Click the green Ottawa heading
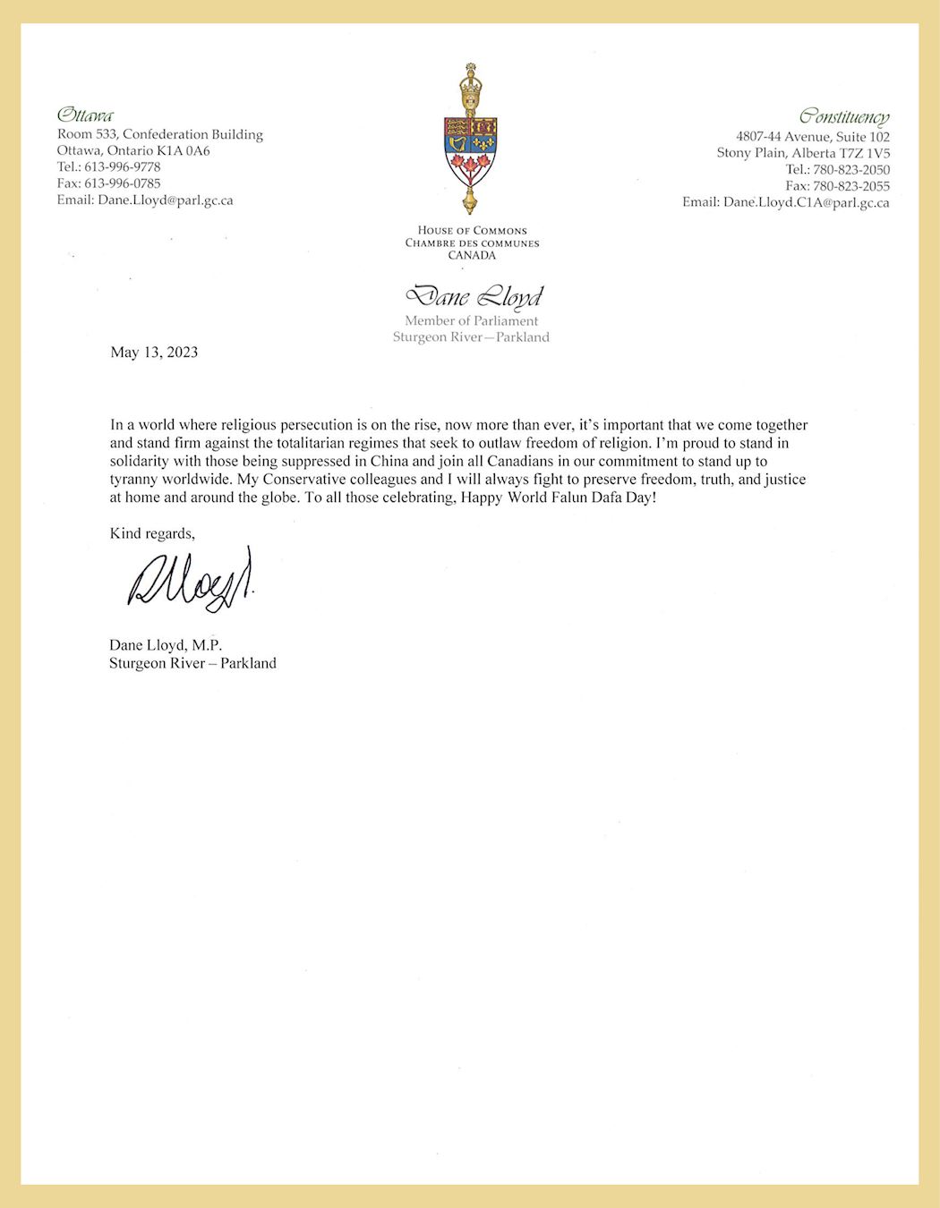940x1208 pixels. [x=85, y=115]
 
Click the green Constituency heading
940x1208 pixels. [x=844, y=117]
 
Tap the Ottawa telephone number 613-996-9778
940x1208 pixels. [x=123, y=167]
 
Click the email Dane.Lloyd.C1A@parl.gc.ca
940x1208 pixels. [x=806, y=203]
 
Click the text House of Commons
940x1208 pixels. [x=472, y=231]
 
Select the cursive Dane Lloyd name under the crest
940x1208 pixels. [x=474, y=296]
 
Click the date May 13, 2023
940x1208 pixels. [x=154, y=353]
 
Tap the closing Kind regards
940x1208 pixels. [x=152, y=534]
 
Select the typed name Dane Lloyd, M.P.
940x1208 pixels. [x=166, y=645]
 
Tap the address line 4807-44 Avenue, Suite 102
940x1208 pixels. [x=813, y=137]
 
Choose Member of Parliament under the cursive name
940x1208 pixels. [x=472, y=321]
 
